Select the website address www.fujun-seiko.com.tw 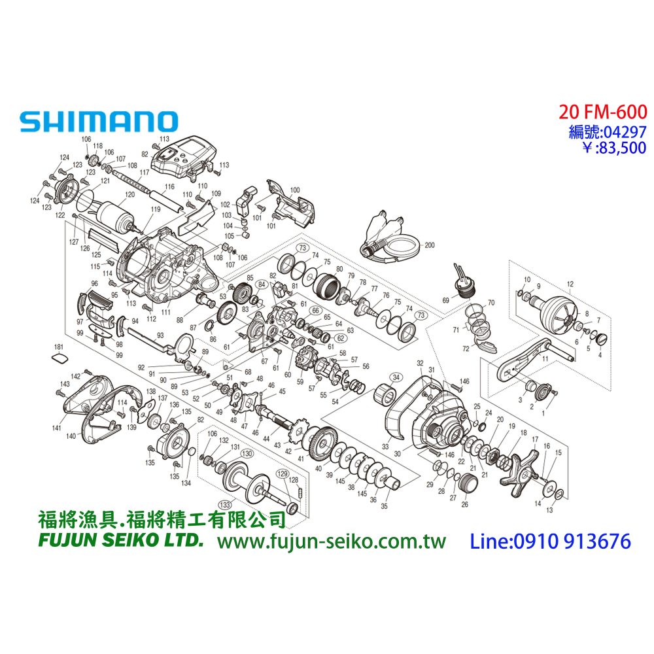point(331,542)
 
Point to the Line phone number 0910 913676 point(551,542)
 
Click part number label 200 point(429,245)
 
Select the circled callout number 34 point(396,377)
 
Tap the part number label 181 point(59,347)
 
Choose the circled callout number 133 point(226,504)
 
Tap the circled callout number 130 point(247,453)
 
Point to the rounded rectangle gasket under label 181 point(59,358)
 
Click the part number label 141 point(57,428)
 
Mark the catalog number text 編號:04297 point(608,131)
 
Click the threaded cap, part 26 point(467,487)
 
